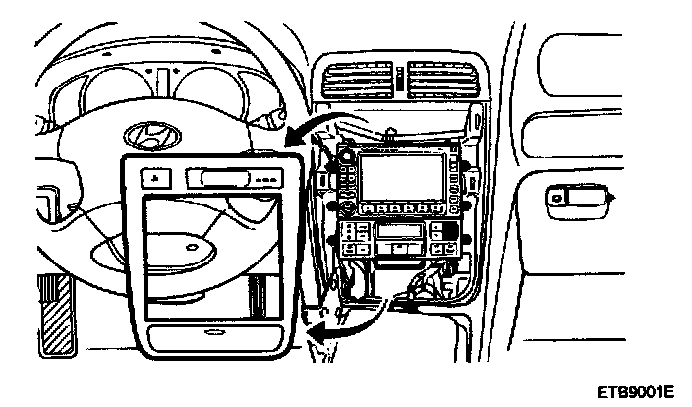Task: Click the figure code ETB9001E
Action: point(635,391)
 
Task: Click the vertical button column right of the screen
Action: point(454,177)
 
